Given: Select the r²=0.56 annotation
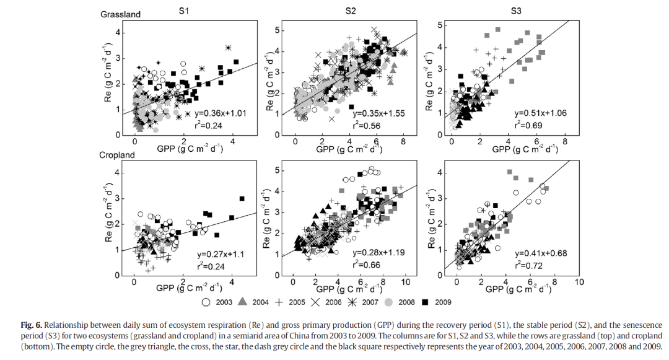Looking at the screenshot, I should click(x=367, y=126).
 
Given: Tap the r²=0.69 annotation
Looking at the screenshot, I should click(x=528, y=125).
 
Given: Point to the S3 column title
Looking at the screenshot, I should click(x=517, y=10).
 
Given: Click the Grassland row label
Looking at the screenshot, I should click(x=120, y=14).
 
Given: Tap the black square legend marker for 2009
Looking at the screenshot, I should click(x=425, y=302).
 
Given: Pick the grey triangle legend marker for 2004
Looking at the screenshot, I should click(x=243, y=302).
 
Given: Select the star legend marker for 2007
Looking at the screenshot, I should click(x=354, y=302).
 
